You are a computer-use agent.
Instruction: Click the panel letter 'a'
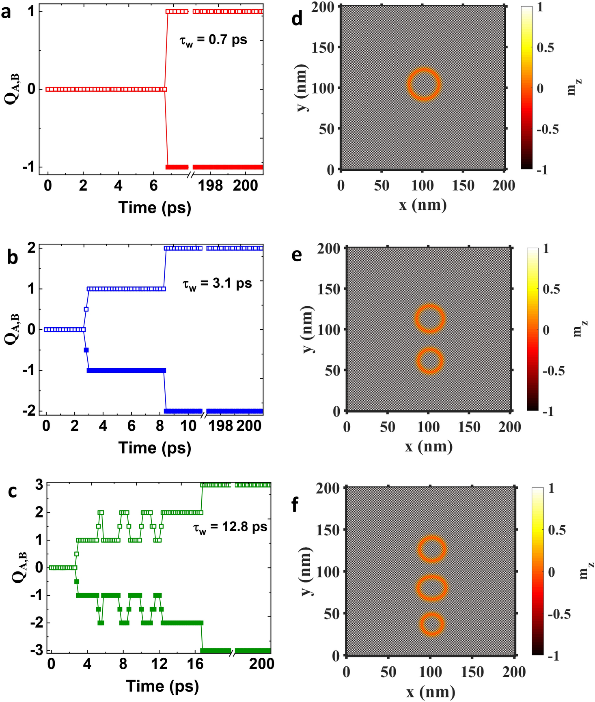tap(6, 12)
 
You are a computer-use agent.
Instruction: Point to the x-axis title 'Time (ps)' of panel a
tap(155, 207)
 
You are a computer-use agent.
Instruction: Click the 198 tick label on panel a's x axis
tap(210, 186)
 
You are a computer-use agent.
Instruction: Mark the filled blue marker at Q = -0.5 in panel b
tap(86, 350)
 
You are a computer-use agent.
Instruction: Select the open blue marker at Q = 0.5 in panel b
tap(86, 309)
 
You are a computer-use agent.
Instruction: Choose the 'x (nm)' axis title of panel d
tap(423, 205)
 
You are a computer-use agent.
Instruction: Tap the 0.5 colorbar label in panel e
tap(551, 289)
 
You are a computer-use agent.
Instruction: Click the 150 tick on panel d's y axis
tap(323, 47)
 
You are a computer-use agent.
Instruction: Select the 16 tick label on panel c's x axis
tap(195, 663)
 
